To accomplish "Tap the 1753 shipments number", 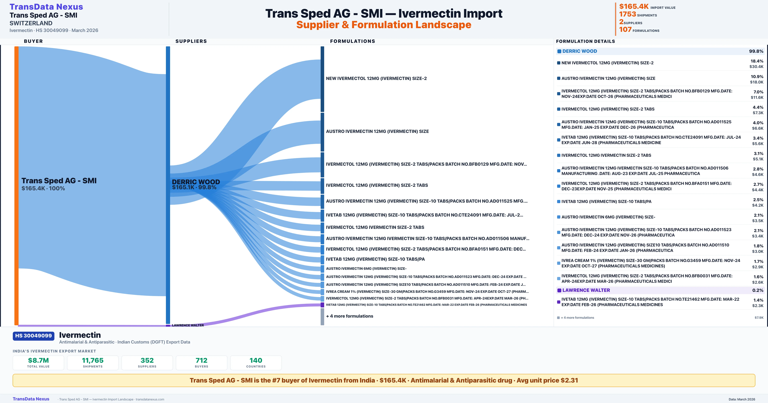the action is [627, 14].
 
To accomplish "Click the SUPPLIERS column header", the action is [191, 41].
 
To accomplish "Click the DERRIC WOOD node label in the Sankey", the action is [196, 182].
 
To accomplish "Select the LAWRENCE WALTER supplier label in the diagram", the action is [188, 325].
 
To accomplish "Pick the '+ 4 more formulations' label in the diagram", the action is [349, 316].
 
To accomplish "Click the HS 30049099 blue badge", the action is [33, 336].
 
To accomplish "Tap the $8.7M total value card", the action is [38, 363].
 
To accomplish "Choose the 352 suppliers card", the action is [147, 363].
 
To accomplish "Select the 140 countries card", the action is [256, 363].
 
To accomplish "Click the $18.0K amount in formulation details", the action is [757, 82].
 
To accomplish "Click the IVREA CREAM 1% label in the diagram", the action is [427, 292].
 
